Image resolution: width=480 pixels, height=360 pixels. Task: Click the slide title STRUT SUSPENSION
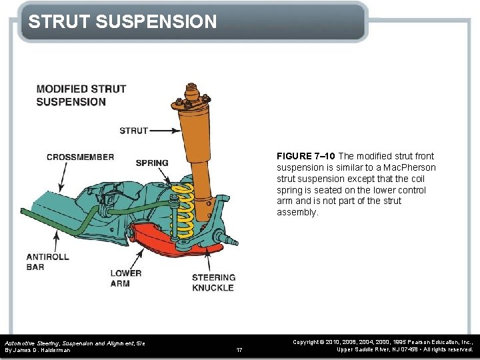coord(123,22)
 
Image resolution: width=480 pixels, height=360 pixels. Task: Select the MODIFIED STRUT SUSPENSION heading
coord(81,95)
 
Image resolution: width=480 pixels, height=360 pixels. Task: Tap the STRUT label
coord(133,131)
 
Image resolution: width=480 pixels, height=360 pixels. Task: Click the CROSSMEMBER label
coord(80,157)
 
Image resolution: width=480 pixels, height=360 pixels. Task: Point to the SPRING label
coord(152,163)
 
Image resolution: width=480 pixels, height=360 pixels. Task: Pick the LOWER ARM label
coord(126,278)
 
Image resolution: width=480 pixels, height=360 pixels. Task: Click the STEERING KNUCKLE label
coord(213,283)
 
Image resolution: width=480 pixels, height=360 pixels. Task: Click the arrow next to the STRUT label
coord(163,131)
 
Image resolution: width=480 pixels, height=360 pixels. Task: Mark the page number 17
coord(239,349)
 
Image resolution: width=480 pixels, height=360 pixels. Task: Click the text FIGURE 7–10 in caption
coord(306,156)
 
